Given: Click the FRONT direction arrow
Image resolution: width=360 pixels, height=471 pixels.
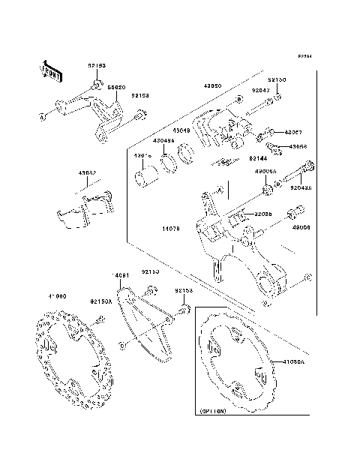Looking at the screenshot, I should (x=49, y=70).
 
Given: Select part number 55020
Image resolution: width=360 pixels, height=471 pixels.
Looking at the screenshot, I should (x=116, y=87).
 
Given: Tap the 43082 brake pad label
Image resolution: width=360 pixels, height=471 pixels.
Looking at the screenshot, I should (x=87, y=172).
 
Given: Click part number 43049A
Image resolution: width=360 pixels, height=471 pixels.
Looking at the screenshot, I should (x=163, y=140).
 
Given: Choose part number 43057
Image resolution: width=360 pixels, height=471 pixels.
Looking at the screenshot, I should (x=297, y=132).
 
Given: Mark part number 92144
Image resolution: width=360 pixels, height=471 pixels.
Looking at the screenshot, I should (x=259, y=159).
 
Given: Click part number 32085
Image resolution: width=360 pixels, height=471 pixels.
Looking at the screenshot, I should (x=262, y=214).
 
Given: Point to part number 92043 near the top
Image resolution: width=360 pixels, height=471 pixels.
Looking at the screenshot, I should (x=259, y=91).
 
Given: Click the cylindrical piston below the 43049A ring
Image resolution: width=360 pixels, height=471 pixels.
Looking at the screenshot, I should (x=145, y=178).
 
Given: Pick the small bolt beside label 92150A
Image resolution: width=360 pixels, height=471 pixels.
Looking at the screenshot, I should (x=99, y=320).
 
